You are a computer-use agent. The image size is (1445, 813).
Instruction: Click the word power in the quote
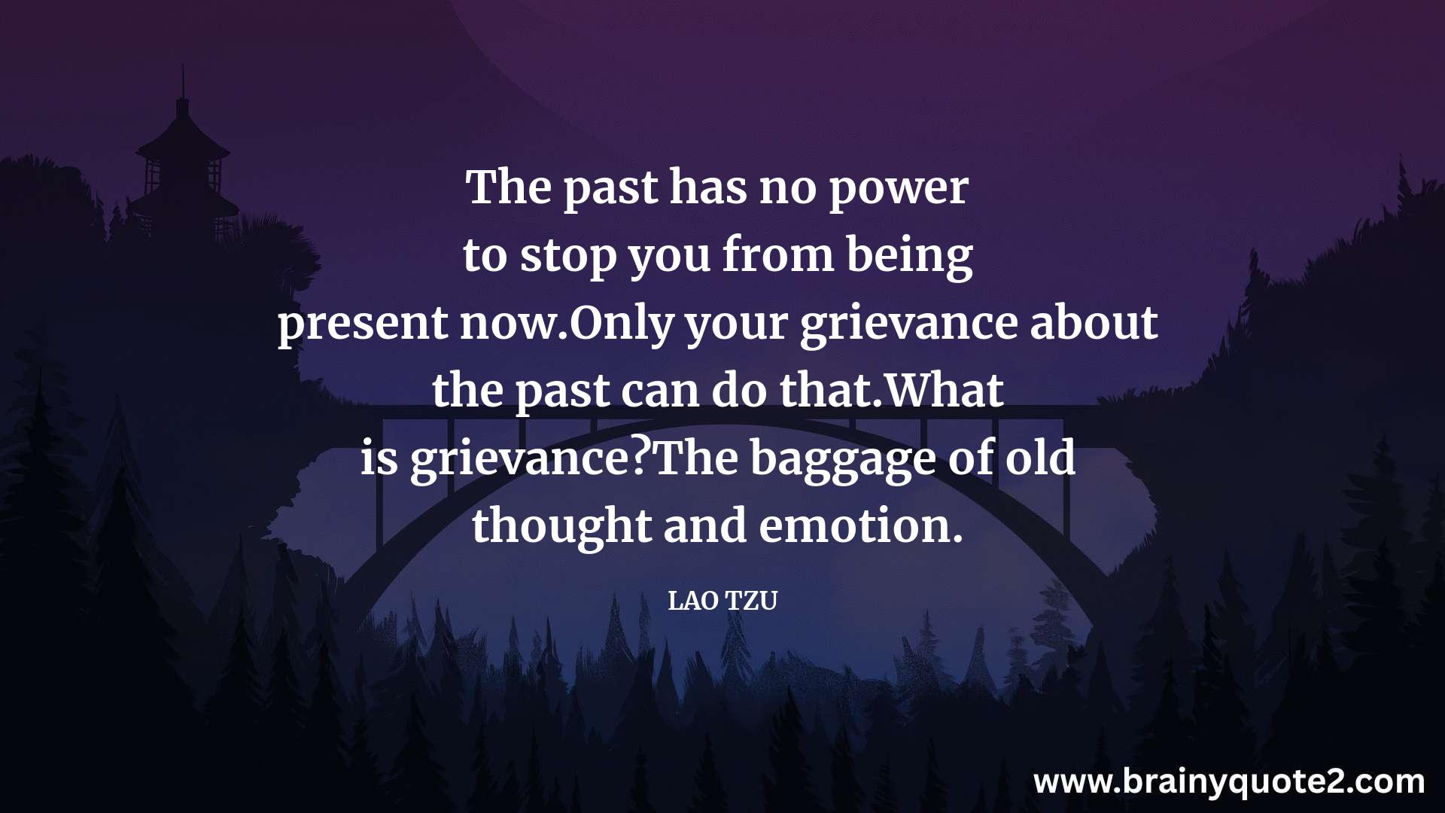tap(899, 189)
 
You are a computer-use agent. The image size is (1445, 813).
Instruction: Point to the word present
tap(364, 324)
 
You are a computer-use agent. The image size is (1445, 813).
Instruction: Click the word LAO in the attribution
tap(692, 601)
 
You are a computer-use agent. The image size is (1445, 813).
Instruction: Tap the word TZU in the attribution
tap(752, 601)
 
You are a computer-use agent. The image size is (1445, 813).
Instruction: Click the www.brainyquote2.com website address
tap(1229, 781)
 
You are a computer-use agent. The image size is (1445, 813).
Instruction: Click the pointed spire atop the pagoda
tap(182, 81)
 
